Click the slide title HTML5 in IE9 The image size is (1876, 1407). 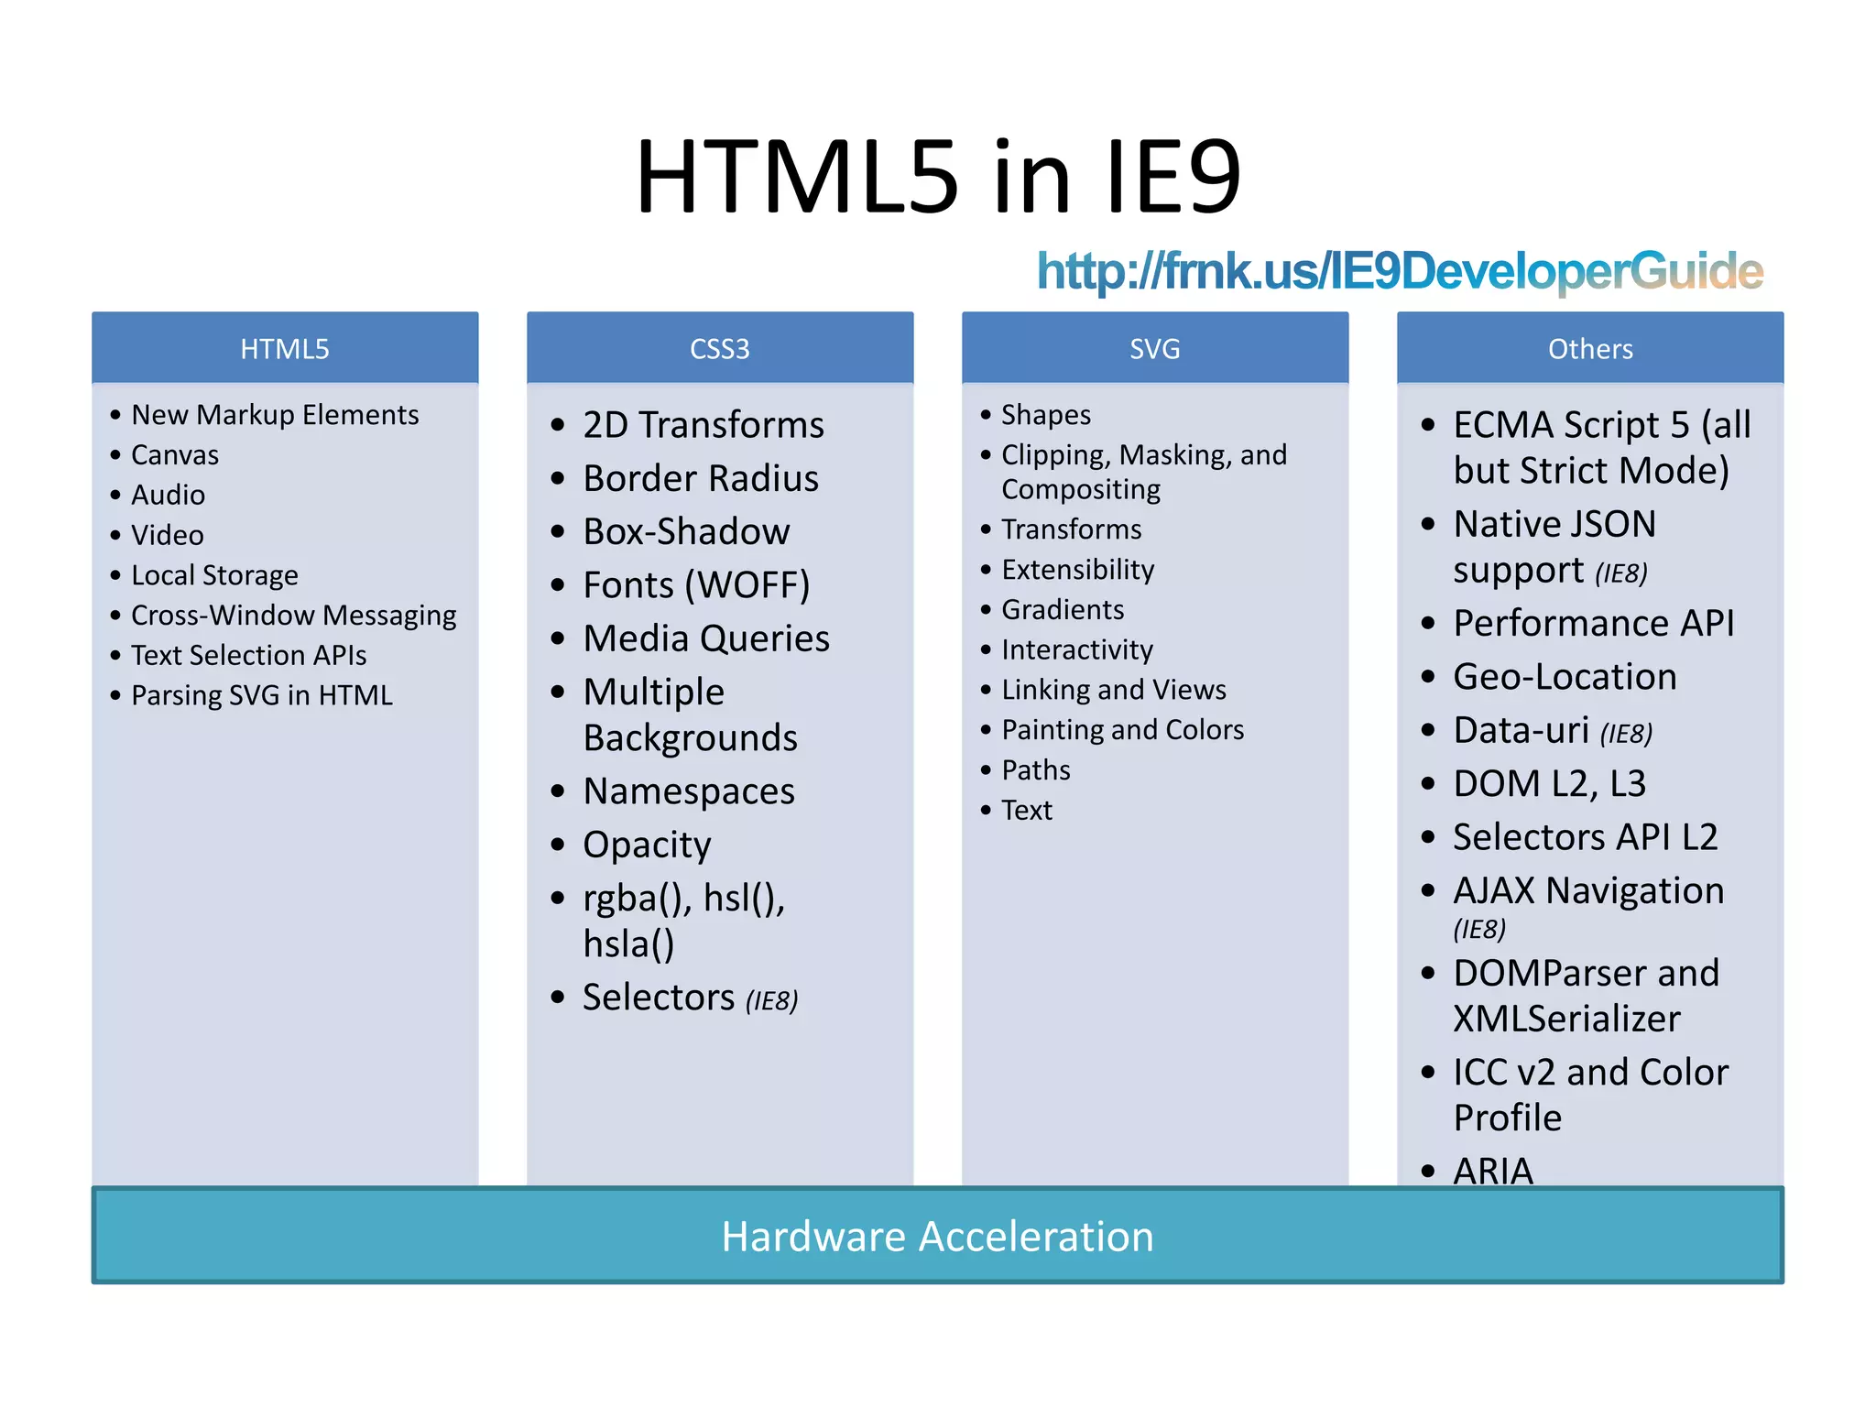[938, 176]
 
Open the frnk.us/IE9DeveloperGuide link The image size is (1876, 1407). [1399, 271]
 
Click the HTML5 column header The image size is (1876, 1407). [284, 349]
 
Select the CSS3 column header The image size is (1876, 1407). [719, 349]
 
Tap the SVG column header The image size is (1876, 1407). [1154, 349]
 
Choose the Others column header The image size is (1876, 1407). [1590, 349]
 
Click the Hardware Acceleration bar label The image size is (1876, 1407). [937, 1237]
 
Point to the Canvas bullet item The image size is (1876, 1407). [175, 455]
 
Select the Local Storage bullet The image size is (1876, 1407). [214, 575]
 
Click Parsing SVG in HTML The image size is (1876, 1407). [262, 695]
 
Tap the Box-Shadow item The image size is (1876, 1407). [686, 532]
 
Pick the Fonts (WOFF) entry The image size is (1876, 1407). [696, 585]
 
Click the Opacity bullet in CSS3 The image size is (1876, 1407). [647, 845]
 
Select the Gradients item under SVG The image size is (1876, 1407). [1063, 610]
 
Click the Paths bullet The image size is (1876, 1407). [1036, 770]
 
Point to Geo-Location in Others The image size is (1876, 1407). [1565, 677]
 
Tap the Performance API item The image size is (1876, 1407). [1594, 624]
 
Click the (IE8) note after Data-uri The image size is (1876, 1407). [1627, 734]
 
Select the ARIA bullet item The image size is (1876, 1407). [1493, 1170]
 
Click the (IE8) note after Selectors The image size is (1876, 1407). [771, 1001]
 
